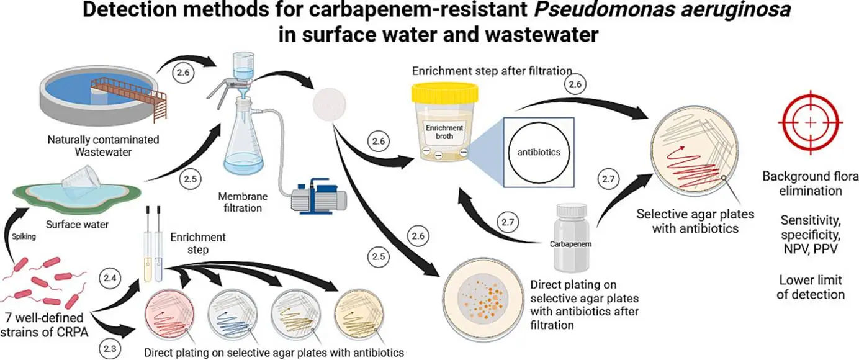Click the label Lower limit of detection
[x=810, y=287]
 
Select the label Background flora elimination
[x=810, y=184]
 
